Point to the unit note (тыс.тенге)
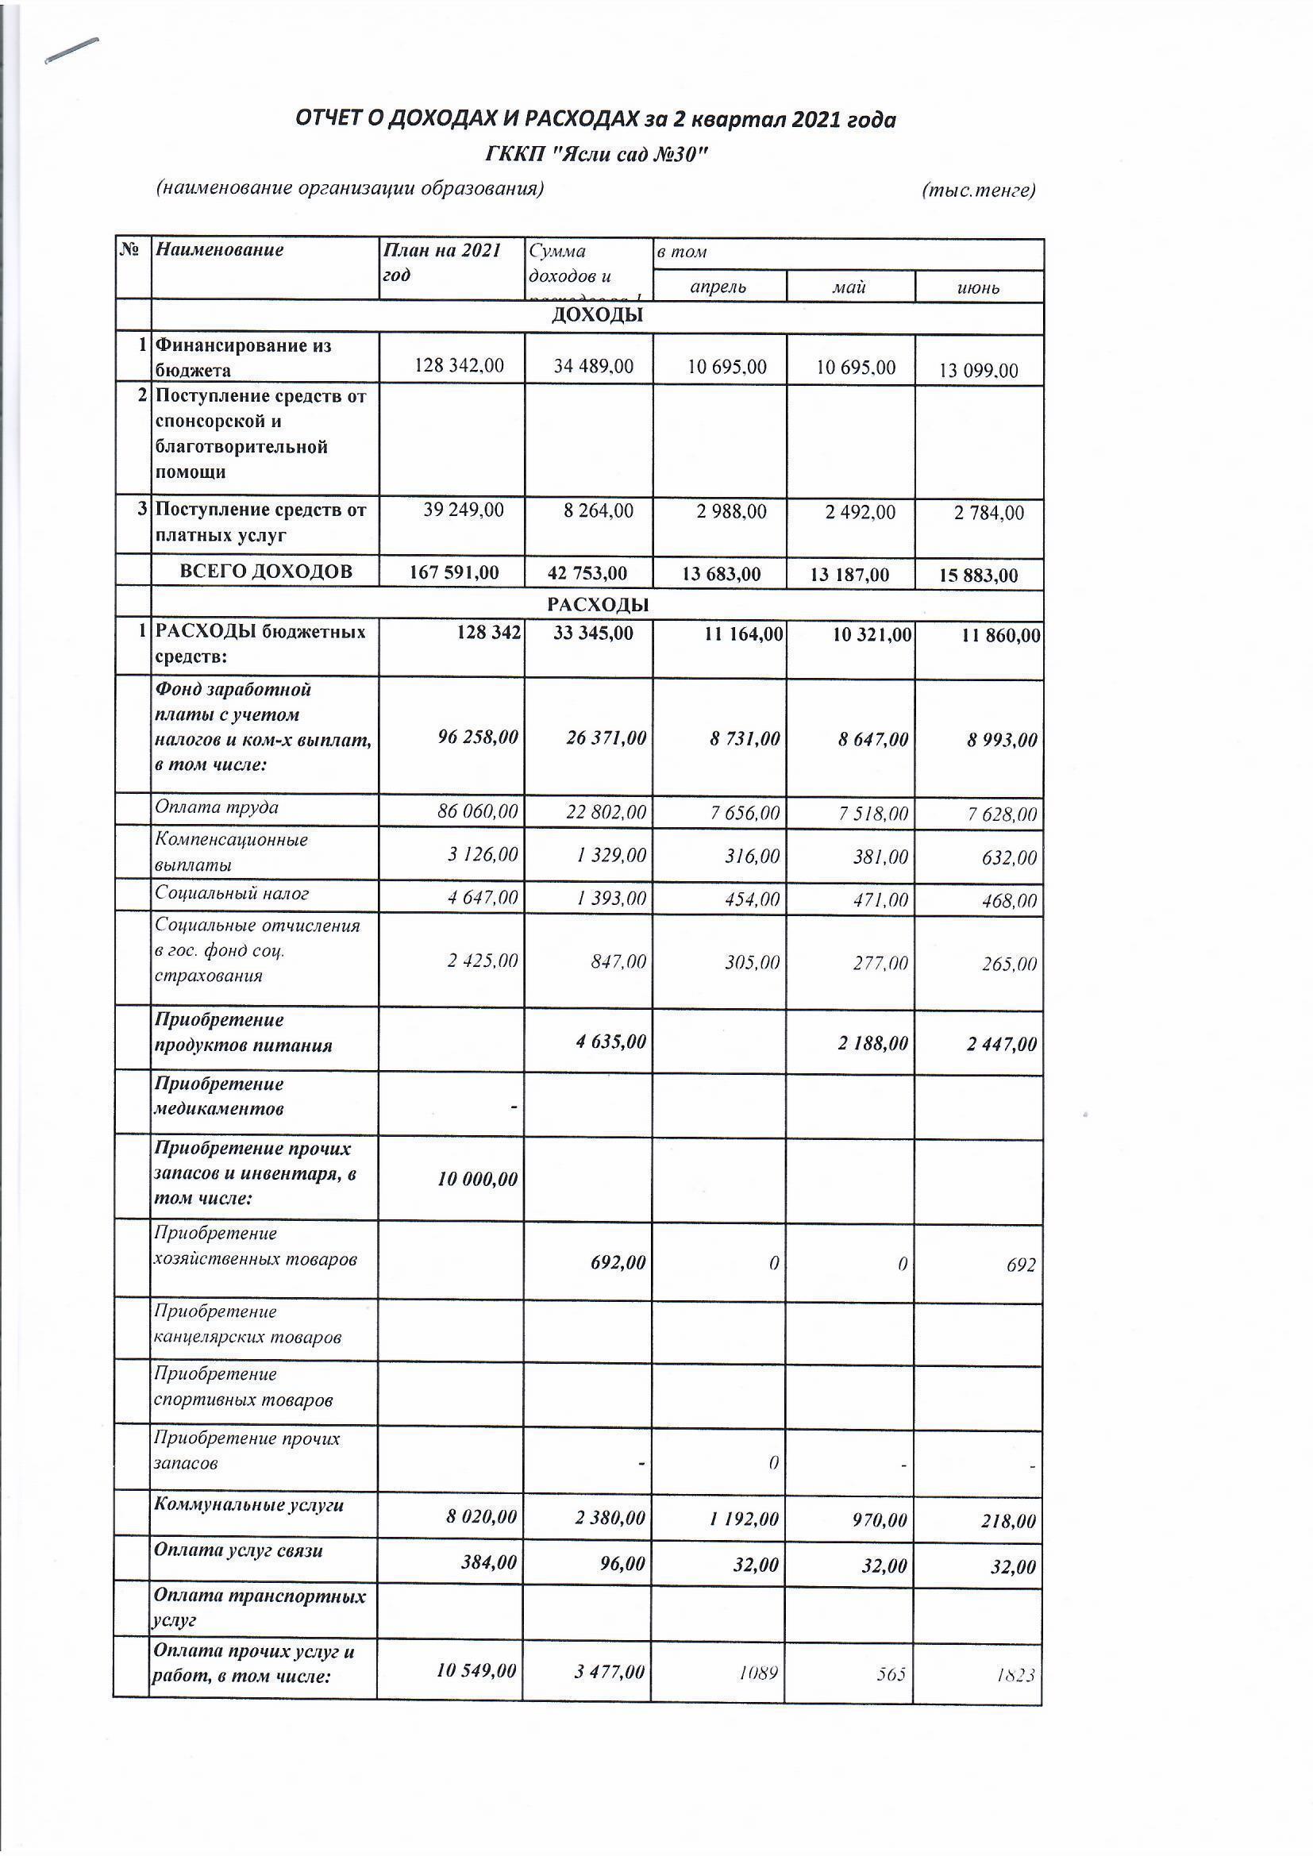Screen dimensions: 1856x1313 tap(978, 191)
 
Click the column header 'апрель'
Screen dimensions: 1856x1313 tap(718, 287)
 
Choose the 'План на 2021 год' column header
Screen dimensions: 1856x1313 tap(442, 262)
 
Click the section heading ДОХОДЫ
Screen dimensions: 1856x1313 tap(597, 315)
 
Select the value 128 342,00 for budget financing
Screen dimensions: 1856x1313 tap(458, 365)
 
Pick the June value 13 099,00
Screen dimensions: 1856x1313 tap(978, 371)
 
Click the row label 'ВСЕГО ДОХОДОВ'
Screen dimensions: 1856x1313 tap(265, 572)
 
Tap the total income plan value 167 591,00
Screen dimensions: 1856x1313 tap(454, 572)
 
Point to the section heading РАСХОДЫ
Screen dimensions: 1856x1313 tap(597, 604)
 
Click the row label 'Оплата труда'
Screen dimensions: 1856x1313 tap(217, 807)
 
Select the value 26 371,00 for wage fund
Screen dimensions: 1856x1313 tap(599, 737)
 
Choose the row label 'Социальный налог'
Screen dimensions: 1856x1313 tap(231, 893)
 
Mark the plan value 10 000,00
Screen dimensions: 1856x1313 tap(477, 1179)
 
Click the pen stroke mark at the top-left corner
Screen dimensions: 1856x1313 tap(72, 49)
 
